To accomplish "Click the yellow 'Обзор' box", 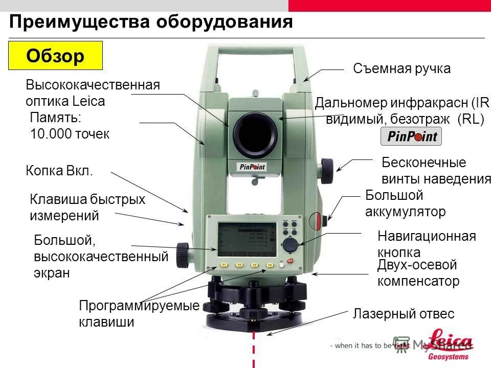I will coord(56,56).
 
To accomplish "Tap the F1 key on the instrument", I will coord(224,265).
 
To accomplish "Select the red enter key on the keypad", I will coord(291,261).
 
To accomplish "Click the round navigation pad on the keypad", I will coord(291,244).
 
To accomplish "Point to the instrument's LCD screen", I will coord(244,238).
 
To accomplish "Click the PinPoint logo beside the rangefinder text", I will coord(411,136).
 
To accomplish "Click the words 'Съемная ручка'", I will coord(401,69).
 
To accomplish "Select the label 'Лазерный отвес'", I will coord(403,314).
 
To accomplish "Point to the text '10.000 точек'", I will coord(70,134).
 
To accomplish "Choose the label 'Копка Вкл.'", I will coord(59,171).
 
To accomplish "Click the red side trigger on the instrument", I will coord(317,221).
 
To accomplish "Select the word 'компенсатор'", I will coord(418,281).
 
